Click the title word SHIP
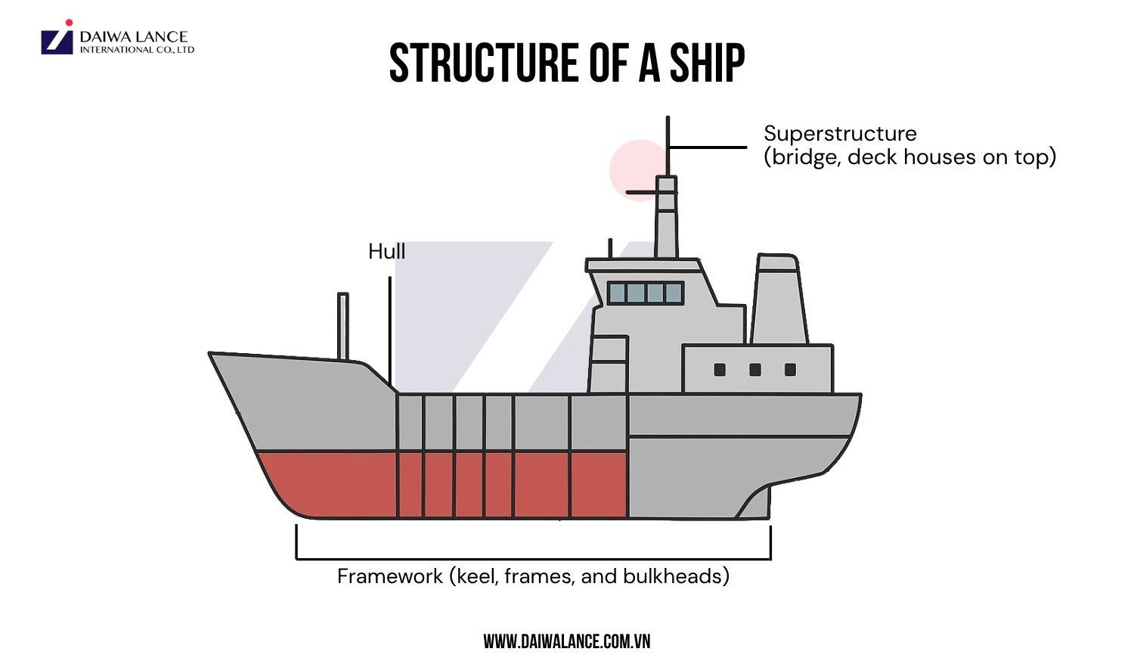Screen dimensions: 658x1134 click(x=707, y=63)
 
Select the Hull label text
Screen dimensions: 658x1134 click(x=386, y=252)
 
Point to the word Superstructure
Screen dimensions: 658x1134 click(x=840, y=134)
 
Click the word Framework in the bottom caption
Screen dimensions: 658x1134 click(x=390, y=576)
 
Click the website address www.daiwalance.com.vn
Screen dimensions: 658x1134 click(x=566, y=642)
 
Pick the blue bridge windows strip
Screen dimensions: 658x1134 click(x=646, y=293)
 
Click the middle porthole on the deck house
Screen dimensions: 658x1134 click(x=754, y=370)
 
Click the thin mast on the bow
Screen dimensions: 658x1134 click(x=343, y=325)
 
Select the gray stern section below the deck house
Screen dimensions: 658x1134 click(x=696, y=476)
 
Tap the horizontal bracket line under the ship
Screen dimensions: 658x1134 click(x=533, y=559)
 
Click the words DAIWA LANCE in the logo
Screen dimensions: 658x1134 click(x=133, y=36)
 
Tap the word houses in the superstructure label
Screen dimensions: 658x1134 click(x=941, y=157)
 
